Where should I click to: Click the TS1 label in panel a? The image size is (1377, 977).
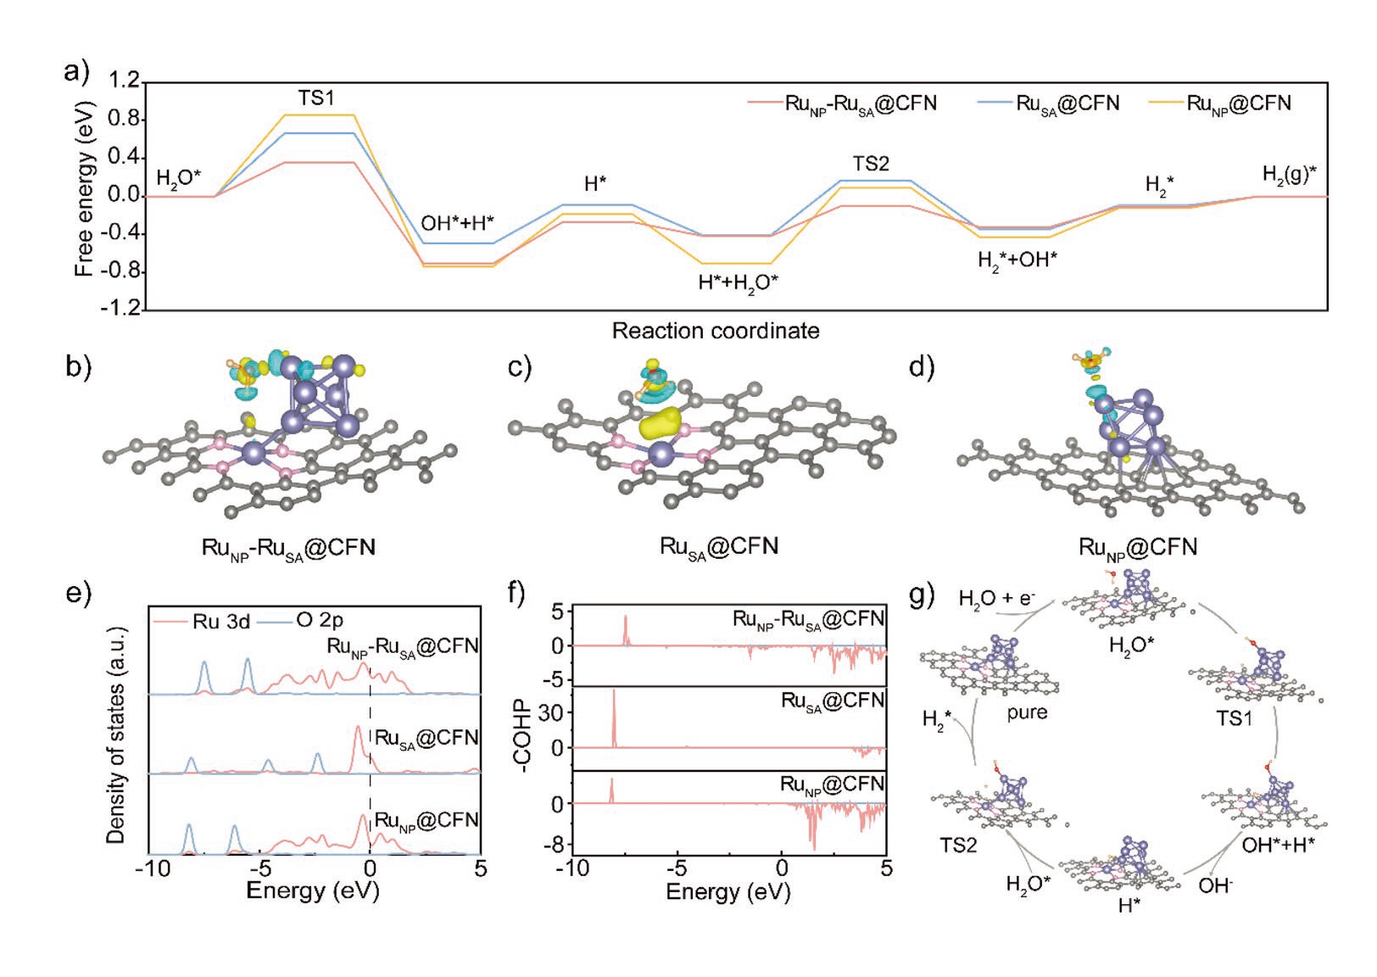[x=315, y=98]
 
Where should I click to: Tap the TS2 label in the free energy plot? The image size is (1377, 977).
[x=871, y=164]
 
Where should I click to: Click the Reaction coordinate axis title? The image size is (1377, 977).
[x=716, y=331]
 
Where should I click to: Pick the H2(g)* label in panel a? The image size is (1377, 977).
[x=1290, y=175]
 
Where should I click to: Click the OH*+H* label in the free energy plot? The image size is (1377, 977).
[x=458, y=224]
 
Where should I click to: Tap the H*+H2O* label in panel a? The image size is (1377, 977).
[x=739, y=283]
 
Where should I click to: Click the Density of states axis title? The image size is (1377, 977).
[x=116, y=734]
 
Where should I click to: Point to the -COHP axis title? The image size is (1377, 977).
[x=523, y=734]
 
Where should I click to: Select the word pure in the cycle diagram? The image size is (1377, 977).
[x=1027, y=712]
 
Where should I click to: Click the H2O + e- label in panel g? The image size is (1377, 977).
[x=996, y=599]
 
